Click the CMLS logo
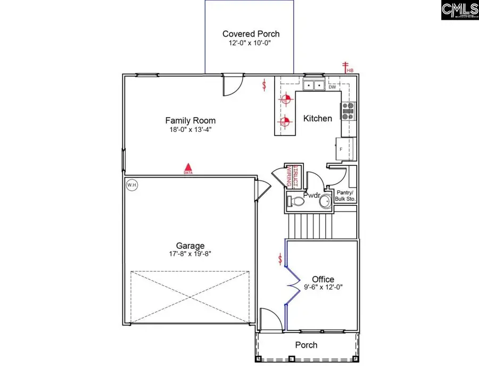[x=459, y=11]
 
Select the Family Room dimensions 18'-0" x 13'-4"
[x=190, y=129]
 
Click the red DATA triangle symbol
[x=187, y=168]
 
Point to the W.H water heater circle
[x=131, y=185]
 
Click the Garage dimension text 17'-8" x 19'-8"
[x=190, y=254]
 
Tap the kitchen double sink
[x=314, y=85]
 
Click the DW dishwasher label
[x=332, y=87]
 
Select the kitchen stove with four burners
[x=349, y=111]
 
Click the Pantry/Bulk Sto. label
[x=346, y=195]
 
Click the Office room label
[x=323, y=279]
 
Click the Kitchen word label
[x=318, y=118]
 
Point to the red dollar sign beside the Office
[x=280, y=259]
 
